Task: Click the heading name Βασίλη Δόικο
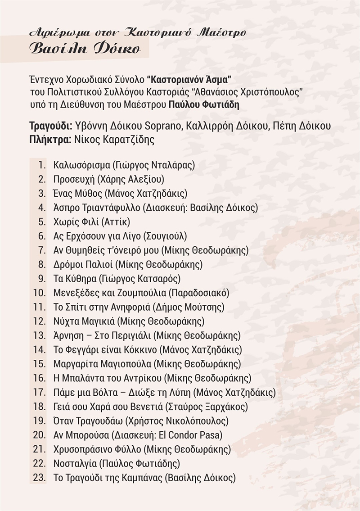[84, 49]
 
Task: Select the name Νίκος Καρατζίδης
[112, 139]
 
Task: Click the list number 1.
[42, 165]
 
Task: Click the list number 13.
[39, 335]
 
